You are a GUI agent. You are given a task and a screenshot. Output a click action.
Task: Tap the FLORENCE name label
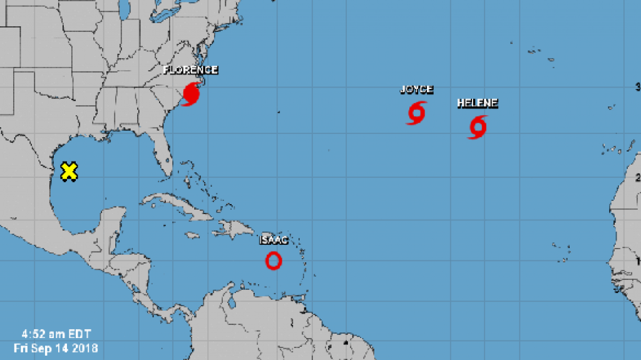click(x=190, y=70)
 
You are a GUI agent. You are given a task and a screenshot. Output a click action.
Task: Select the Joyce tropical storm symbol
click(x=417, y=112)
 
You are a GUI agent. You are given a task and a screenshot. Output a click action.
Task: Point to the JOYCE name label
click(x=417, y=90)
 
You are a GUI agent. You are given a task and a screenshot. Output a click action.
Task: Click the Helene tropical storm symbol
click(x=478, y=126)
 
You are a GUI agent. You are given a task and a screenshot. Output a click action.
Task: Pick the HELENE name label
click(x=478, y=103)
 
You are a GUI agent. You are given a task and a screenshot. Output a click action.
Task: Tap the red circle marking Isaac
click(x=274, y=260)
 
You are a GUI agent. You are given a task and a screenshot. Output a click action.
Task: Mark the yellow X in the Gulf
click(x=69, y=171)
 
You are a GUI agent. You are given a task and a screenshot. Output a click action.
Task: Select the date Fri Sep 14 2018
click(x=56, y=346)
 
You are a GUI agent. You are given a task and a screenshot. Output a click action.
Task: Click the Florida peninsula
click(x=164, y=160)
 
